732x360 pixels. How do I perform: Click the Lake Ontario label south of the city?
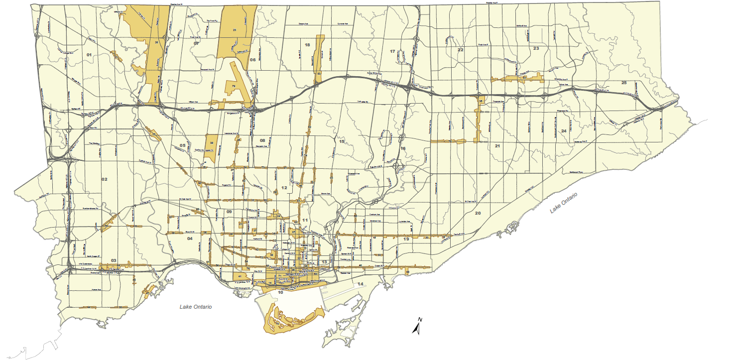click(195, 307)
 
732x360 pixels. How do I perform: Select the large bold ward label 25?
click(624, 83)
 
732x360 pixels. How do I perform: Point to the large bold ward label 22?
click(461, 50)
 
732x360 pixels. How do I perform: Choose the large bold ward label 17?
click(392, 52)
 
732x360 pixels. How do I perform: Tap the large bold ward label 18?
click(307, 45)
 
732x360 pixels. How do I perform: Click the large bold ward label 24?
click(564, 131)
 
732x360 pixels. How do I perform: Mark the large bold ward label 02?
click(105, 179)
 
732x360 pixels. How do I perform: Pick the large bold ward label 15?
click(342, 142)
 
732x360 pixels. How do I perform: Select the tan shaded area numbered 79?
click(233, 87)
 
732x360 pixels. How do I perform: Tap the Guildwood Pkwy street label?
click(573, 173)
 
